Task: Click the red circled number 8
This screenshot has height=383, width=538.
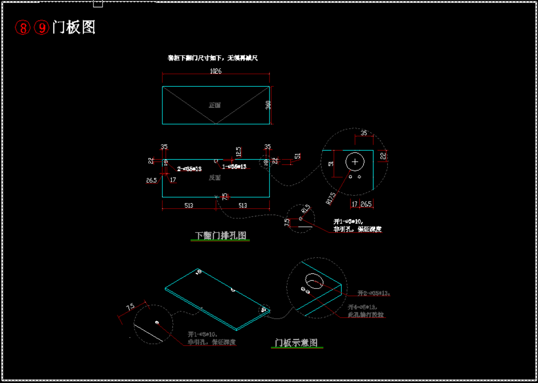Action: click(23, 28)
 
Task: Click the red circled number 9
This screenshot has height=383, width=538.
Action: click(41, 28)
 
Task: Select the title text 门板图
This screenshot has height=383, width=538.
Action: click(74, 27)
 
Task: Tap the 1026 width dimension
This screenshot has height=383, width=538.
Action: click(216, 71)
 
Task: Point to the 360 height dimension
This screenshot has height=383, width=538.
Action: click(268, 105)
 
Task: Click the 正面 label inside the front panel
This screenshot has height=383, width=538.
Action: click(215, 105)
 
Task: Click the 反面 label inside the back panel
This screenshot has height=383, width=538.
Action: click(215, 178)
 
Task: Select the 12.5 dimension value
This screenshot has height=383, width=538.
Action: click(238, 152)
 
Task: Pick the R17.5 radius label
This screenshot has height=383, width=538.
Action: click(331, 198)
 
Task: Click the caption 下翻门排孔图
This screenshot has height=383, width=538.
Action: click(221, 236)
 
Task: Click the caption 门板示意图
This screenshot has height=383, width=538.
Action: click(296, 343)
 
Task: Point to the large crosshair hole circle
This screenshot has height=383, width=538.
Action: click(355, 162)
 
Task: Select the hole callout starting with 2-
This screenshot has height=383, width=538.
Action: click(189, 169)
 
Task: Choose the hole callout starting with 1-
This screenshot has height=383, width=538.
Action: click(234, 167)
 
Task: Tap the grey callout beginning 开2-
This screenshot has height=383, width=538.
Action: click(373, 293)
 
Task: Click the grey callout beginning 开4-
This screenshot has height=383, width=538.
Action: click(364, 307)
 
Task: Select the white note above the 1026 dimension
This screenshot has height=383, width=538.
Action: click(213, 58)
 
